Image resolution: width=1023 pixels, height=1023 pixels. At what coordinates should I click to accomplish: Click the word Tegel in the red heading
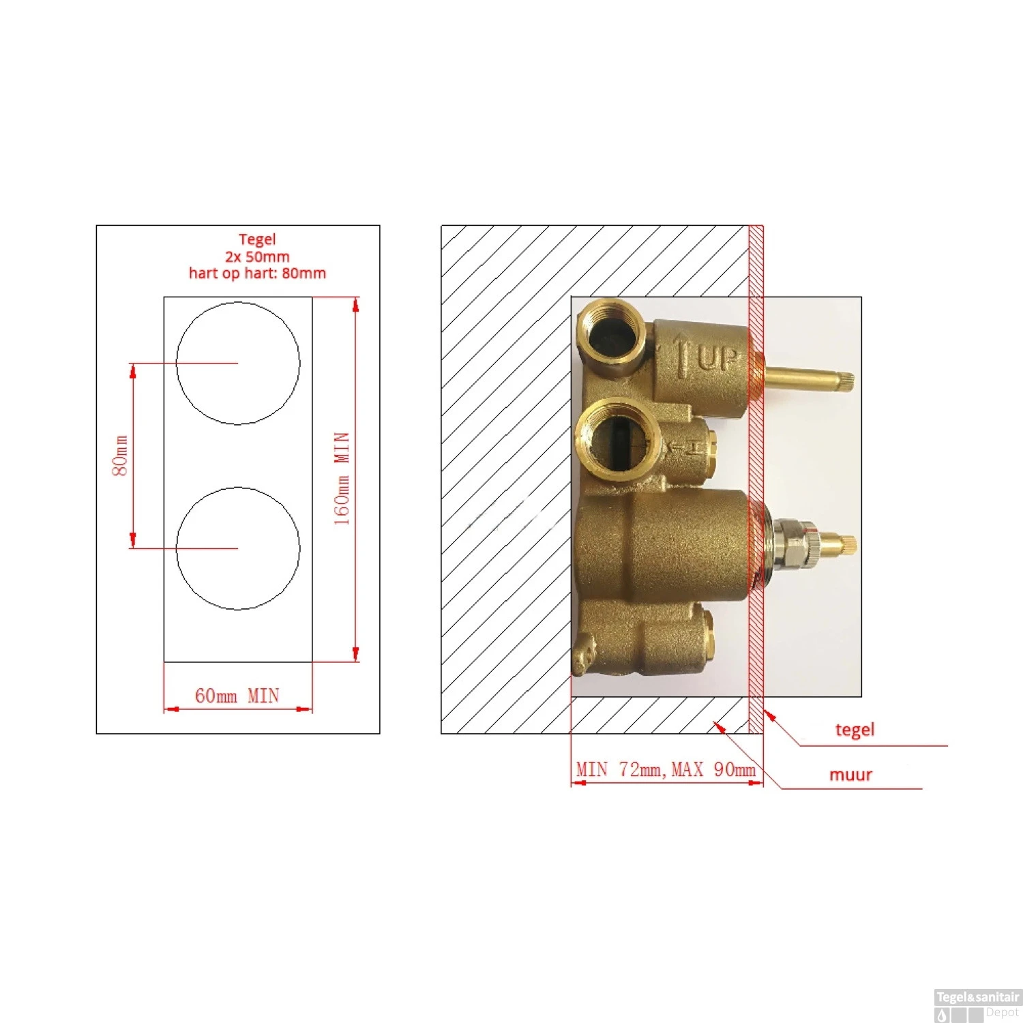pyautogui.click(x=257, y=239)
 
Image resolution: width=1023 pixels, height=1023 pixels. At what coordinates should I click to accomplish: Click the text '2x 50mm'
pyautogui.click(x=257, y=256)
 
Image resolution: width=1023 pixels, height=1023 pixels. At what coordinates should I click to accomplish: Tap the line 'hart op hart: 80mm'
pyautogui.click(x=257, y=273)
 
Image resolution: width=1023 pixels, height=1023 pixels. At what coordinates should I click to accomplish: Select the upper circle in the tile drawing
pyautogui.click(x=238, y=302)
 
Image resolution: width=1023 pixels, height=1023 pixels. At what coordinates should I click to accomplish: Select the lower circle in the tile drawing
pyautogui.click(x=238, y=488)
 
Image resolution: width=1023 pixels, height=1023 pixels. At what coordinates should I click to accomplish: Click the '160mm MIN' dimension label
pyautogui.click(x=342, y=478)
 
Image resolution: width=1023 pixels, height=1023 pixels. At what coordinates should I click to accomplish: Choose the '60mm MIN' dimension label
pyautogui.click(x=237, y=696)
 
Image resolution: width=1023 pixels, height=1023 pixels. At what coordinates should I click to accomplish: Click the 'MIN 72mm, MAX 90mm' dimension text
pyautogui.click(x=666, y=769)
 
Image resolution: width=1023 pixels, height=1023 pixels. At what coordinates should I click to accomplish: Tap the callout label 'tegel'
pyautogui.click(x=855, y=730)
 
